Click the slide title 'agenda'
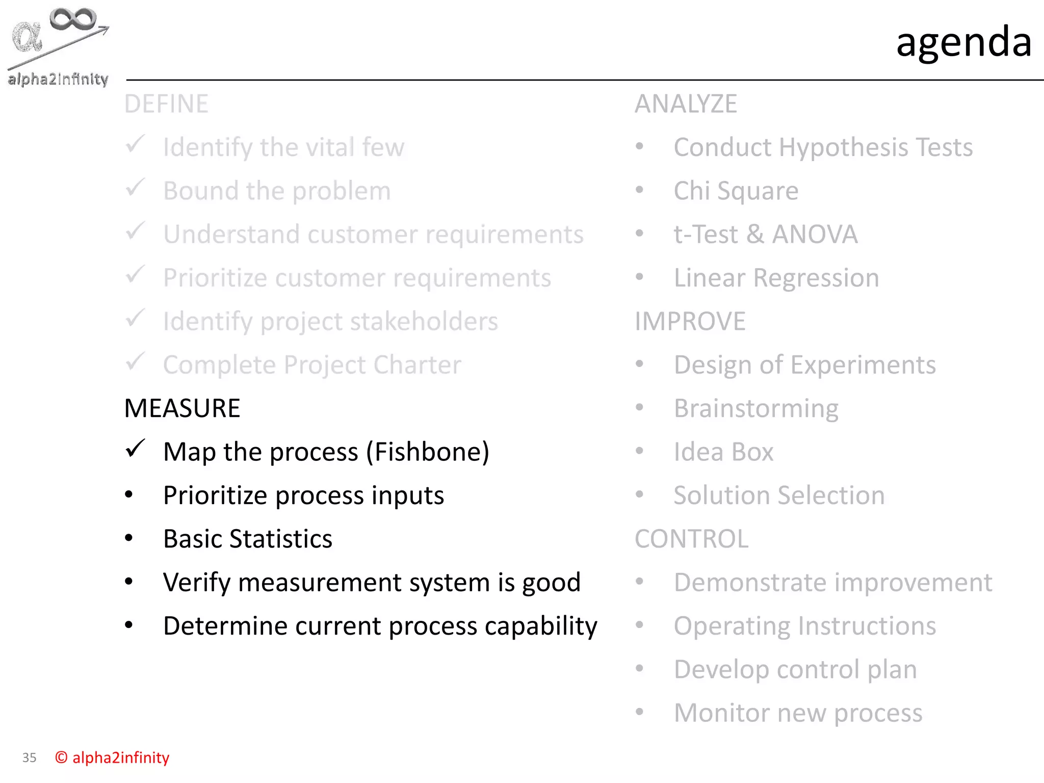963,42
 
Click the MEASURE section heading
182,408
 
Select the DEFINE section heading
166,104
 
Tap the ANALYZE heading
686,104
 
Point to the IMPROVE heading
690,322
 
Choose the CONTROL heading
691,539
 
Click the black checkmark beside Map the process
136,449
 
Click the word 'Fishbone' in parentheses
428,452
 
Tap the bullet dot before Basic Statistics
129,538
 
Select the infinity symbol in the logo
72,19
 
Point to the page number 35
29,758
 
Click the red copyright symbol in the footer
61,758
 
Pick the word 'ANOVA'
814,234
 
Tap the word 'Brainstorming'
756,409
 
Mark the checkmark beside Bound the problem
136,188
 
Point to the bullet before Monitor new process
639,712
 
